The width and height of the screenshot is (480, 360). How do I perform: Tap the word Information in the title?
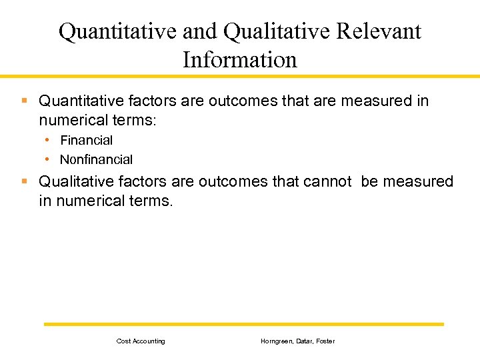(x=239, y=59)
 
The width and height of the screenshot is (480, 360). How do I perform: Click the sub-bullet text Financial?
(x=86, y=141)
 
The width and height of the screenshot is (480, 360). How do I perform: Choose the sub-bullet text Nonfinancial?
(x=96, y=160)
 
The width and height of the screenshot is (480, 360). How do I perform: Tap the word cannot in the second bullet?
(x=327, y=181)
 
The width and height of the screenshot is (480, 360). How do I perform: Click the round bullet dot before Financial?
(x=48, y=140)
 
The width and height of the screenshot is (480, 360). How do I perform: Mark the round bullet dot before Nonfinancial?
(x=48, y=159)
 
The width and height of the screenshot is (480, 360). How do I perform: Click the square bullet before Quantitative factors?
(x=25, y=101)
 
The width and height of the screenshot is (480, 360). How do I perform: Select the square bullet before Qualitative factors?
(x=25, y=181)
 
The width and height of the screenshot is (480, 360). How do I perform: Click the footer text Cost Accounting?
(x=141, y=341)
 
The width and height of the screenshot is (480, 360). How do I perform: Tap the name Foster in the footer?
(x=326, y=341)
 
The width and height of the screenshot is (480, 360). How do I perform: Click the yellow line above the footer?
(x=243, y=324)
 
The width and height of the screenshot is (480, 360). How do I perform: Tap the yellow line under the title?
(x=240, y=76)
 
